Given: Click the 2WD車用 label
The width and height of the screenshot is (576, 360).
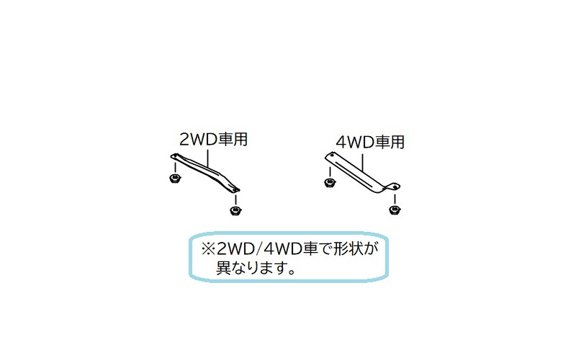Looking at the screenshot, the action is (213, 140).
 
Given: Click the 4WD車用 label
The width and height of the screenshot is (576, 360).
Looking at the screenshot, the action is (369, 142).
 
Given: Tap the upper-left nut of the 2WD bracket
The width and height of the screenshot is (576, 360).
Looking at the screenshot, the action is (174, 177).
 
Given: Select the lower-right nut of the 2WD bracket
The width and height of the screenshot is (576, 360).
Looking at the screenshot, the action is (234, 210).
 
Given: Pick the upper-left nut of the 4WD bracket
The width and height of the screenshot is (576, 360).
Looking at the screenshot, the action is (329, 181).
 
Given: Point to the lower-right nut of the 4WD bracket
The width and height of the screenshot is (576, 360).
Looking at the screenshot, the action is (393, 210).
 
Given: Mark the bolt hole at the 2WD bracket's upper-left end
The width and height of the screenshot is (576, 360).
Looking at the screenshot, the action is (174, 156).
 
